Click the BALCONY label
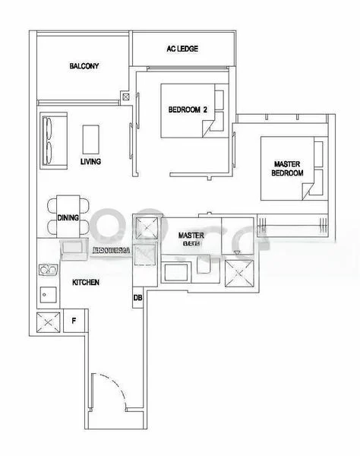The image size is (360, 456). pyautogui.click(x=84, y=66)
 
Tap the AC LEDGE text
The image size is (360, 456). pyautogui.click(x=182, y=49)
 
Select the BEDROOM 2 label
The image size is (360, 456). pyautogui.click(x=188, y=109)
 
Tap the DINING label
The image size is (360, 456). pyautogui.click(x=68, y=218)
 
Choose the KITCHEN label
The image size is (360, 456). pyautogui.click(x=86, y=282)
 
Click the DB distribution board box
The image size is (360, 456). pyautogui.click(x=137, y=297)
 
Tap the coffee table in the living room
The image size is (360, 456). pyautogui.click(x=92, y=139)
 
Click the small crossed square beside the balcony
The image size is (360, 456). pyautogui.click(x=125, y=97)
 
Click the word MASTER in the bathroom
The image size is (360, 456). pyautogui.click(x=191, y=236)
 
